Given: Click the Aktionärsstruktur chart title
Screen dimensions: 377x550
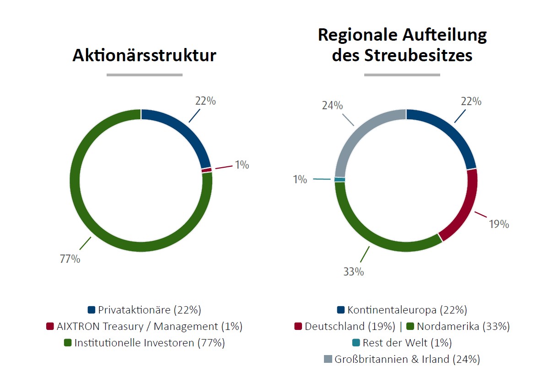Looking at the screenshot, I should pos(144,56).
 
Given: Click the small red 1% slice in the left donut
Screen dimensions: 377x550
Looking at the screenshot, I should pos(207,170).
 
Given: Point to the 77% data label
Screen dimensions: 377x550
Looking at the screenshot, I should pos(70,259).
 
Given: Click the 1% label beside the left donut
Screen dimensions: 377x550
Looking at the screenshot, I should pos(242,165).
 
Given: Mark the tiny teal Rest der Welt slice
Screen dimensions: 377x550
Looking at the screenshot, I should pos(340,180).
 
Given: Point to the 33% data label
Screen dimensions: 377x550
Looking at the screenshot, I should pos(354,271).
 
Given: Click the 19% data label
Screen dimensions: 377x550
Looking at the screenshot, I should pos(499,224).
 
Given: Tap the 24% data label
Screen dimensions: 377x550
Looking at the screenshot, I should pos(332,106).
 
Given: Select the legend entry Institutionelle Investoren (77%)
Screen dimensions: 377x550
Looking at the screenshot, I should pos(144,343).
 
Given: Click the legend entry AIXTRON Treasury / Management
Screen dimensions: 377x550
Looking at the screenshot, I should pos(144,326).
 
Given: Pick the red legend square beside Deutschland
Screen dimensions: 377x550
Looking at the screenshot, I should pos(298,327).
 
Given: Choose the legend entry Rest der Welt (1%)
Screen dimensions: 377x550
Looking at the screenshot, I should pos(403,343).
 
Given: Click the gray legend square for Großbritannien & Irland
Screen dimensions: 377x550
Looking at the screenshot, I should pos(328,360).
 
